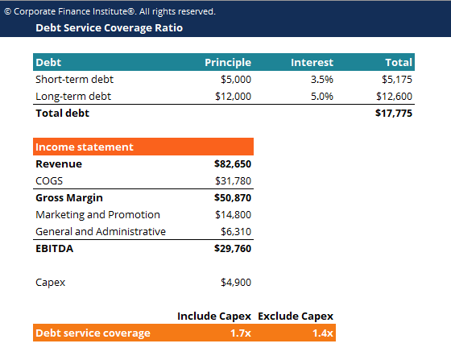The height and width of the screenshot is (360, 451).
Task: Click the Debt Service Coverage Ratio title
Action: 109,27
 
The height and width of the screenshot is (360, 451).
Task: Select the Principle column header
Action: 228,62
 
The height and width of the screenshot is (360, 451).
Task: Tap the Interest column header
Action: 312,62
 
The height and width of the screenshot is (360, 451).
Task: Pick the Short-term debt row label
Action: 73,80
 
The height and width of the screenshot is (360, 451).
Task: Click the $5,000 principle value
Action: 236,80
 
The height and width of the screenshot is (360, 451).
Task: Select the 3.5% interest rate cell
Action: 321,80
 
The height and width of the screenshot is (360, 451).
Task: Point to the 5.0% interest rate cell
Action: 321,97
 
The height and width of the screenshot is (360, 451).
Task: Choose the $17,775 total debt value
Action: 394,114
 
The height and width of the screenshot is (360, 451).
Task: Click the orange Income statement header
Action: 85,147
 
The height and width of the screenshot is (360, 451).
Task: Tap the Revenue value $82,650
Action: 233,163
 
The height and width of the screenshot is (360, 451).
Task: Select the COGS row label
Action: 49,180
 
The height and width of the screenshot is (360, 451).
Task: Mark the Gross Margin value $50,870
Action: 233,197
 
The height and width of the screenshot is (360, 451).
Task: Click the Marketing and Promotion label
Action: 97,214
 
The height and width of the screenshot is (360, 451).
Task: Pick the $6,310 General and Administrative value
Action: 236,231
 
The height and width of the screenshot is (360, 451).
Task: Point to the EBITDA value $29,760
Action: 233,249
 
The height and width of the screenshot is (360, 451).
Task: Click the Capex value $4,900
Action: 236,283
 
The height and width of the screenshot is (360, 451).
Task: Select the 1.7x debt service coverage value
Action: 241,333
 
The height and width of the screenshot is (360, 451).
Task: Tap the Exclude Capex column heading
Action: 296,316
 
